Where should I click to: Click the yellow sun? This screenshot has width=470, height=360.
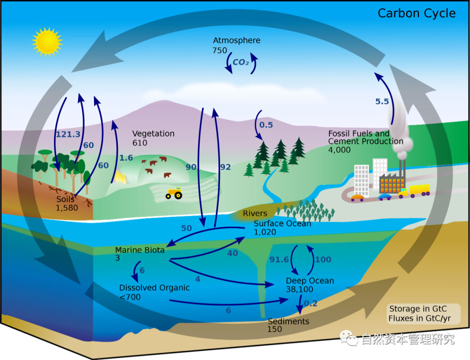click(x=47, y=41)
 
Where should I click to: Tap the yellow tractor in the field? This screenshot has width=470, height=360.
click(x=174, y=193)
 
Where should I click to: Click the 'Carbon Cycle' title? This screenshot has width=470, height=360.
click(x=416, y=13)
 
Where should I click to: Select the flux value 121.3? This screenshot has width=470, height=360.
click(x=68, y=134)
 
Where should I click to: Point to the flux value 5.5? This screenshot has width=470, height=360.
click(x=382, y=101)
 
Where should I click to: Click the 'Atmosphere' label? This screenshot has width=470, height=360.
click(x=237, y=40)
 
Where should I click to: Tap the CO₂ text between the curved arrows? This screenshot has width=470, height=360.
click(x=241, y=62)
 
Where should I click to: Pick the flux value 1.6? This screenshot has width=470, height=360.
click(x=126, y=158)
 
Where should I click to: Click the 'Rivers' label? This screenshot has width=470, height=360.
click(x=255, y=213)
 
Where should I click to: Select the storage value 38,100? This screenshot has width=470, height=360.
click(x=300, y=289)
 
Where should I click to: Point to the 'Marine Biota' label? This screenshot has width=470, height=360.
click(x=140, y=250)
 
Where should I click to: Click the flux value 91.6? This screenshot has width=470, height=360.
click(x=279, y=260)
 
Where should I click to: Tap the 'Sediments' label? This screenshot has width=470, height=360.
click(x=289, y=321)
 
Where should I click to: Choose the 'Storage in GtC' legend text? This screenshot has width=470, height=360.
click(x=418, y=309)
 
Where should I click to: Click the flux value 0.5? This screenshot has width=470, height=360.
click(x=266, y=125)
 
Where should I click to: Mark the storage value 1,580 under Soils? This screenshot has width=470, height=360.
click(x=67, y=208)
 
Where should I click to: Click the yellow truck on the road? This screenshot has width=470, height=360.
click(x=419, y=190)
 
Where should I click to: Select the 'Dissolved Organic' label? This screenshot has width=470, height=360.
click(x=154, y=288)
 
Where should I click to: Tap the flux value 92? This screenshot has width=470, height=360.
click(x=225, y=167)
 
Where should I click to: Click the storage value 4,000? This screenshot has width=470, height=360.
click(x=339, y=150)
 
